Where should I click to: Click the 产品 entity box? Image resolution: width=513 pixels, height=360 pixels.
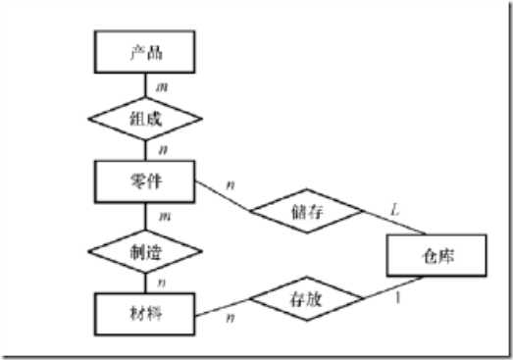click(x=145, y=52)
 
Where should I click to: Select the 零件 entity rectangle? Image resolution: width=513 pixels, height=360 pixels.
click(x=145, y=183)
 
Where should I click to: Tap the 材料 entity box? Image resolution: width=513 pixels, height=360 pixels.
click(x=145, y=313)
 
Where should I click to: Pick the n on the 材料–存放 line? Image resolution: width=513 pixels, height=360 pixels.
click(x=231, y=317)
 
